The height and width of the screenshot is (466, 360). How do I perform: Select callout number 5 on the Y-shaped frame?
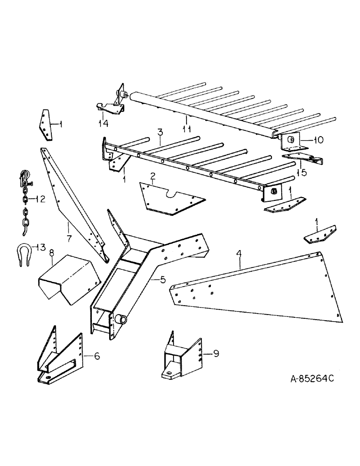point(162,280)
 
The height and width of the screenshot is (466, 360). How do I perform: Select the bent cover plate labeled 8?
point(68,279)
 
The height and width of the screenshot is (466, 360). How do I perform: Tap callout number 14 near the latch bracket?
point(102,123)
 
